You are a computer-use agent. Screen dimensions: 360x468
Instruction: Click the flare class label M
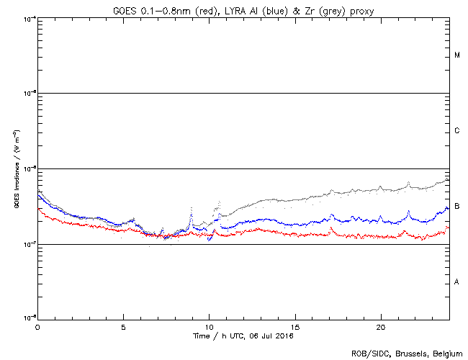[457, 55]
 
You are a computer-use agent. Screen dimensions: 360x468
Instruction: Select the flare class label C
[457, 131]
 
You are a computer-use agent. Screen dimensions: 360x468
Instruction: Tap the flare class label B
[457, 207]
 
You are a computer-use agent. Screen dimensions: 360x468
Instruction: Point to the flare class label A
[457, 282]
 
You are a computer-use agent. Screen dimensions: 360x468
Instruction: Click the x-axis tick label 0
[37, 327]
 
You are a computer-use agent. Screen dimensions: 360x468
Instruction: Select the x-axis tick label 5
[123, 327]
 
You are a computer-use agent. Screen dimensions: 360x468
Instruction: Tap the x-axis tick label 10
[209, 327]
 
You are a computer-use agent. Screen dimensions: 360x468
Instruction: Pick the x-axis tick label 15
[294, 327]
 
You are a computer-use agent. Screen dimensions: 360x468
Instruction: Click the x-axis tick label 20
[380, 327]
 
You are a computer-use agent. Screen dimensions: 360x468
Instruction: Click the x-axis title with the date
[244, 336]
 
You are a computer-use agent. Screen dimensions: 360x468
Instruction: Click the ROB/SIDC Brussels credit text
[407, 353]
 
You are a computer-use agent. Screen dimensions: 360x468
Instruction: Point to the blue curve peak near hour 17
[331, 215]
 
